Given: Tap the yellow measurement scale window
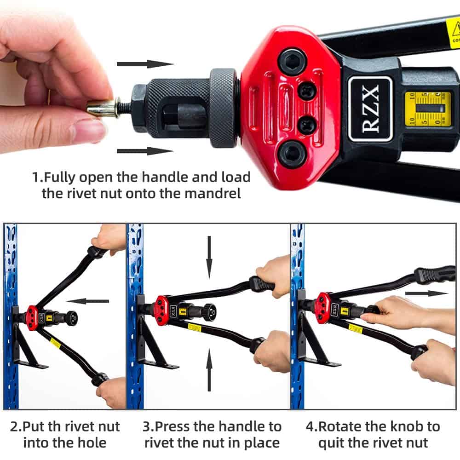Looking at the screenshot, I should tap(427, 109).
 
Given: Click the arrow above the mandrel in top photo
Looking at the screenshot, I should tap(145, 63).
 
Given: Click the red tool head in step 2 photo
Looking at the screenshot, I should tap(33, 316).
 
